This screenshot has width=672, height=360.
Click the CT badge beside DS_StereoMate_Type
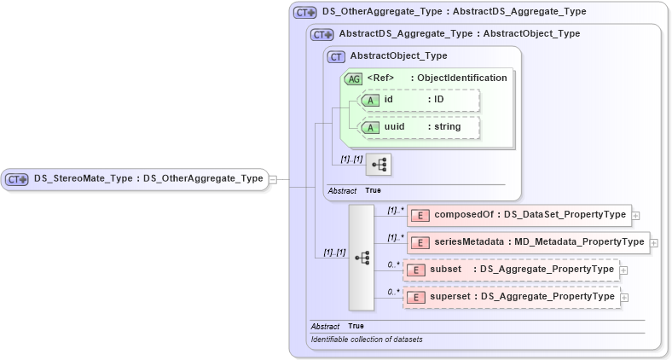[x=17, y=179]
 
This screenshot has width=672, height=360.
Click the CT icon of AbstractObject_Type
[x=337, y=56]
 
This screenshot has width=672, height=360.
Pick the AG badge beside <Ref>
[x=353, y=78]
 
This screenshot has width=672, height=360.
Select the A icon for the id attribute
[x=371, y=101]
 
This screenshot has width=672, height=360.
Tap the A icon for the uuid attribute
[x=371, y=127]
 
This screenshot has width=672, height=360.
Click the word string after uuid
[x=443, y=127]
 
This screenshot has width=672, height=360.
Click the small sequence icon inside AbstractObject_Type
[x=378, y=164]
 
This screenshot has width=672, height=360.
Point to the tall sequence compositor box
[x=362, y=257]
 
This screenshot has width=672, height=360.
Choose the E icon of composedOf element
[x=420, y=215]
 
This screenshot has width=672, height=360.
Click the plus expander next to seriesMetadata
[x=654, y=243]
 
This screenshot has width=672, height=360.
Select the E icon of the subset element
[x=415, y=270]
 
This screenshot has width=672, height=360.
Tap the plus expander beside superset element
[x=625, y=298]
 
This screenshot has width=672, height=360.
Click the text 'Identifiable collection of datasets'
[x=367, y=340]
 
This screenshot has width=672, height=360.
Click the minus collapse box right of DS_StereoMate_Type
[x=273, y=179]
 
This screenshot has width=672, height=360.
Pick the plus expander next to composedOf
[x=636, y=216]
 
